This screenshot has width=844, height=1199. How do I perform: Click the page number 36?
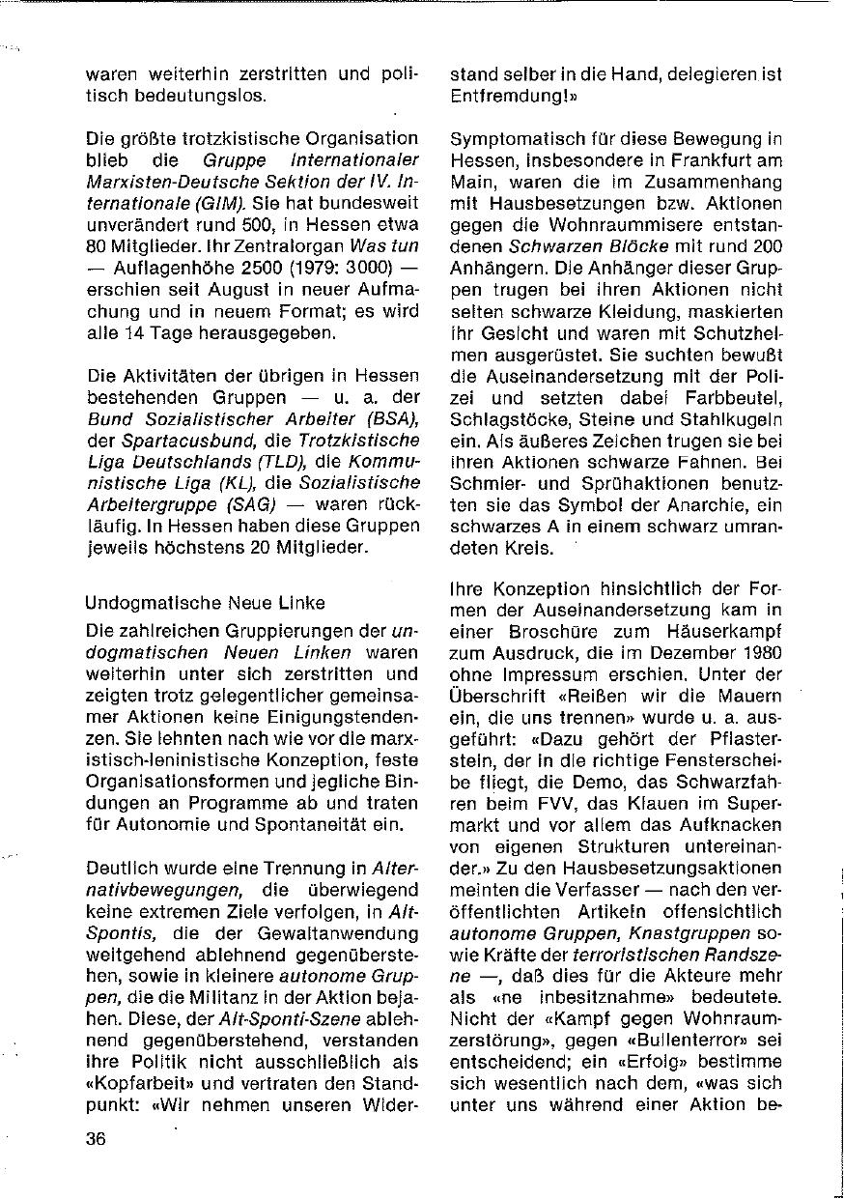(x=95, y=1138)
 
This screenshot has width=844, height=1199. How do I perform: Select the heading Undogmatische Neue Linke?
(x=205, y=603)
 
